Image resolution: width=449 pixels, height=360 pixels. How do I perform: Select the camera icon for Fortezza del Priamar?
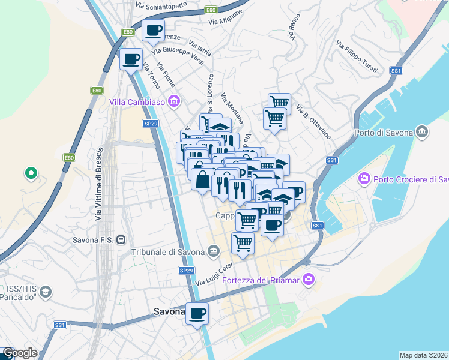309,279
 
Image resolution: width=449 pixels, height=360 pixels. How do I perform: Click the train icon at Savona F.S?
121,239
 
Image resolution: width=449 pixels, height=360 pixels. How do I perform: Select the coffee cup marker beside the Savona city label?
197,313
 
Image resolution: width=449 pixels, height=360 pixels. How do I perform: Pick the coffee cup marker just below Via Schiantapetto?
153,30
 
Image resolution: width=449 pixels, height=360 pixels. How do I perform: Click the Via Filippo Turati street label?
357,57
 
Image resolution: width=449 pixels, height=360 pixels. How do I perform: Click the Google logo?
20,353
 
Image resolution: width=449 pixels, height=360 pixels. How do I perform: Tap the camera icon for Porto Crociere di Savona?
364,179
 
